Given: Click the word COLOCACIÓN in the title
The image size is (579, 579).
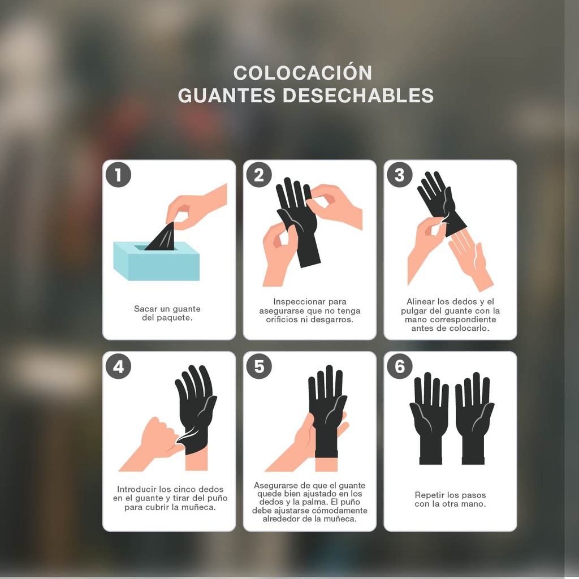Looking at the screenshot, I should click(303, 73).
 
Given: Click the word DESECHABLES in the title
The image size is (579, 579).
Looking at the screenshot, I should click(358, 96).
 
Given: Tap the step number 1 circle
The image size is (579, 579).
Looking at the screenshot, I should click(118, 175).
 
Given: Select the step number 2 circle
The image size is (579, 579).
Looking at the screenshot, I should click(259, 175).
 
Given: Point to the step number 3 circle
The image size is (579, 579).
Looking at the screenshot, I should click(400, 175).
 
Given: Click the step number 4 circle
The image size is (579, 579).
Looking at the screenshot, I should click(118, 366).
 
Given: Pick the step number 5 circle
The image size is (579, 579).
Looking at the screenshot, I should click(259, 366).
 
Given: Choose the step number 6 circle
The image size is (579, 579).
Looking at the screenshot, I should click(400, 366).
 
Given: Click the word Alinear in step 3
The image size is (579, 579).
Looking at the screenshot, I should click(420, 302).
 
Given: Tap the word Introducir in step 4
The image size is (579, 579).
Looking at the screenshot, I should click(136, 489).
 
